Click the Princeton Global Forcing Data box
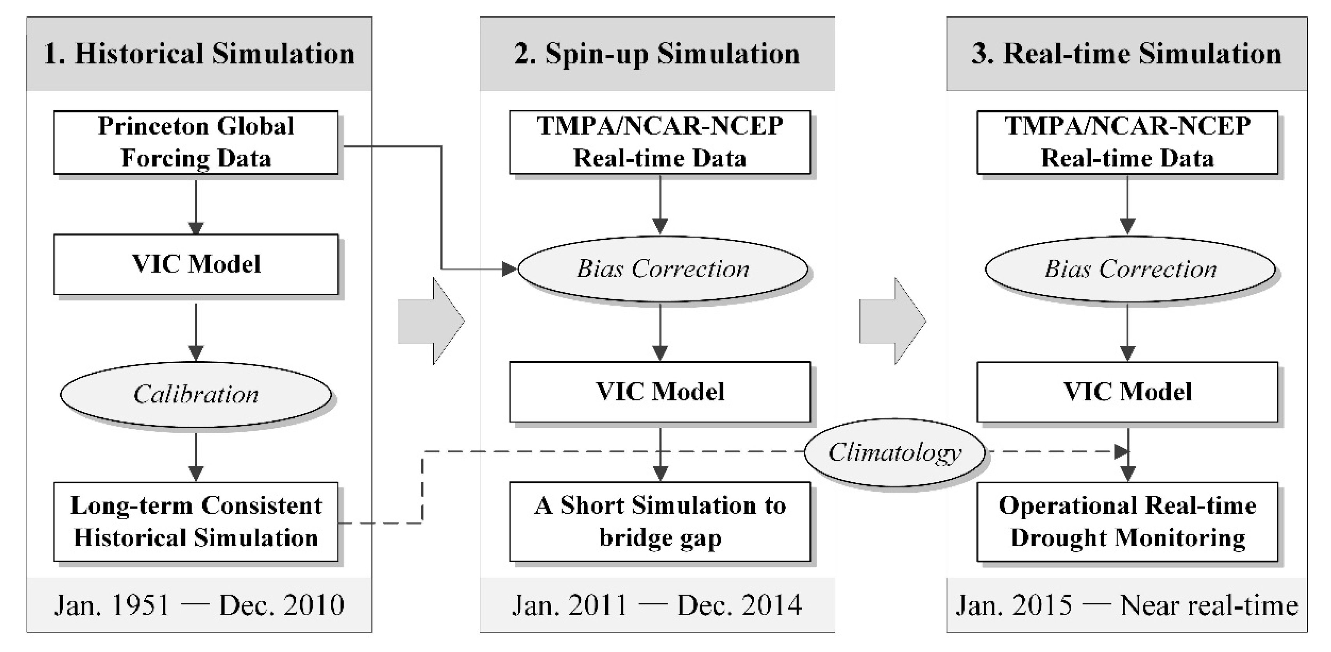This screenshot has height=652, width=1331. point(196,142)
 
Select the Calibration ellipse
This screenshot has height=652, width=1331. point(196,394)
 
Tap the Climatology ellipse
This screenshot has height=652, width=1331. point(894,452)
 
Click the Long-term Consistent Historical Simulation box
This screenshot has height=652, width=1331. point(196,521)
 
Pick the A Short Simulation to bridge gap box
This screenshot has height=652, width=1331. point(660,521)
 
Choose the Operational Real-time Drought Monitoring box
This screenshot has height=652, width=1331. point(1127,521)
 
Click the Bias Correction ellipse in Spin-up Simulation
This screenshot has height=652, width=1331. point(663,269)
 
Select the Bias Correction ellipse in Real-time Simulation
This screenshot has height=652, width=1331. point(1130,269)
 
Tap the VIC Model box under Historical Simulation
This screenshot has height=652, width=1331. point(196,264)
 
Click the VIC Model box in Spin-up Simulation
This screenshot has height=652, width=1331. point(660,391)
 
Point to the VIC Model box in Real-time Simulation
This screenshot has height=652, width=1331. point(1127,391)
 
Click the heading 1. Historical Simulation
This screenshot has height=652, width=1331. point(199,54)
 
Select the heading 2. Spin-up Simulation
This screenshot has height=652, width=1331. point(657,54)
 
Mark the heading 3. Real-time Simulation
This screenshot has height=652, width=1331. point(1126,54)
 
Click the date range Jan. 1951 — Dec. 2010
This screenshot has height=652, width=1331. point(199,605)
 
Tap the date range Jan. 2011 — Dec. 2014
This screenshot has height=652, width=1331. point(657,605)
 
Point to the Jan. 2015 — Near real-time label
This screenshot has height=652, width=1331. point(1126,605)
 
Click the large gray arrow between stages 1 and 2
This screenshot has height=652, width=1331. point(431,321)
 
